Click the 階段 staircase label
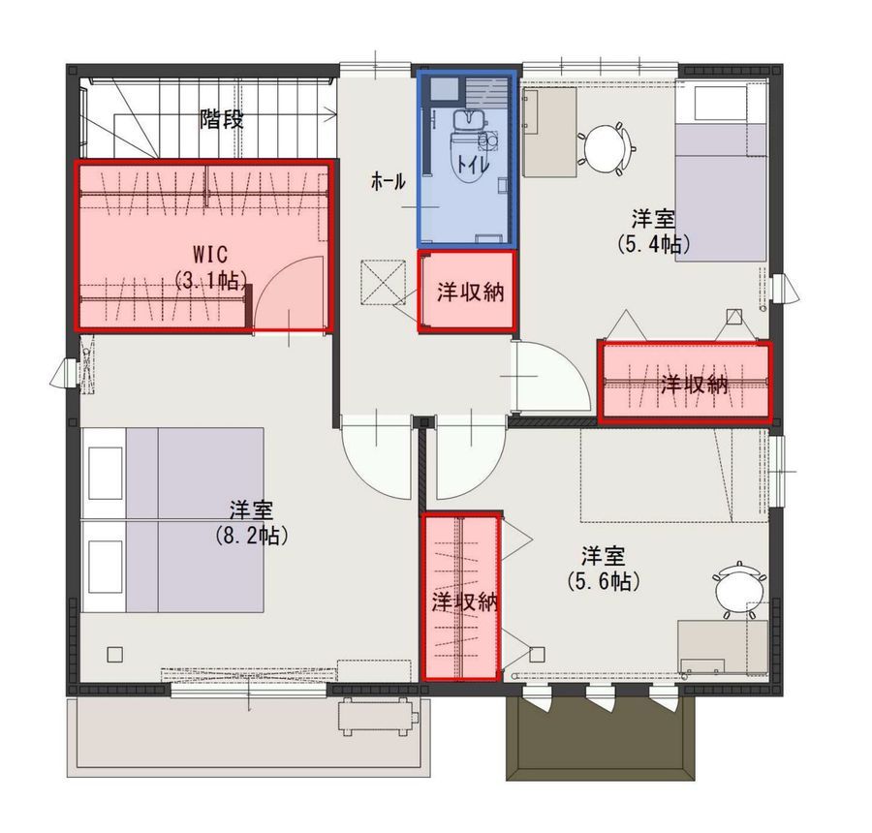(221, 119)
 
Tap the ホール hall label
(388, 181)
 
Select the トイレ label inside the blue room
(473, 165)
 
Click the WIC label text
(210, 254)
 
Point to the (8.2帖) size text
(251, 536)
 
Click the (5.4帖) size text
(653, 244)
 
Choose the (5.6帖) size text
(604, 582)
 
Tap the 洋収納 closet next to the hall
(467, 291)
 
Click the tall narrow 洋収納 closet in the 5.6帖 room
(461, 596)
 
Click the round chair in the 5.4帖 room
(605, 145)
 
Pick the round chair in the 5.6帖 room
(734, 592)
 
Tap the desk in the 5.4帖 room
(550, 133)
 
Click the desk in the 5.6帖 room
(723, 647)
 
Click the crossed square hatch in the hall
(385, 282)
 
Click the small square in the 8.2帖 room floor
(115, 654)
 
